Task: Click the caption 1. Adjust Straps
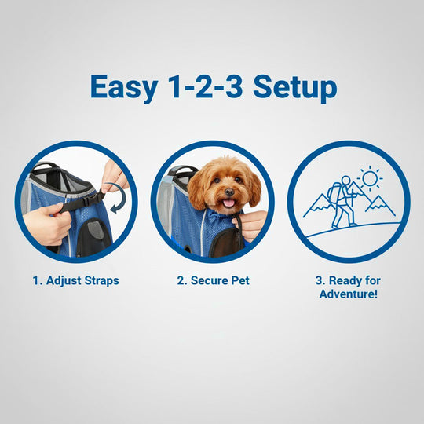click(75, 280)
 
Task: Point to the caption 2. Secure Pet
click(212, 280)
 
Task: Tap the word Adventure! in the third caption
click(348, 294)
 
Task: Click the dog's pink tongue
click(228, 203)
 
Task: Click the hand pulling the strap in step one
click(50, 223)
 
